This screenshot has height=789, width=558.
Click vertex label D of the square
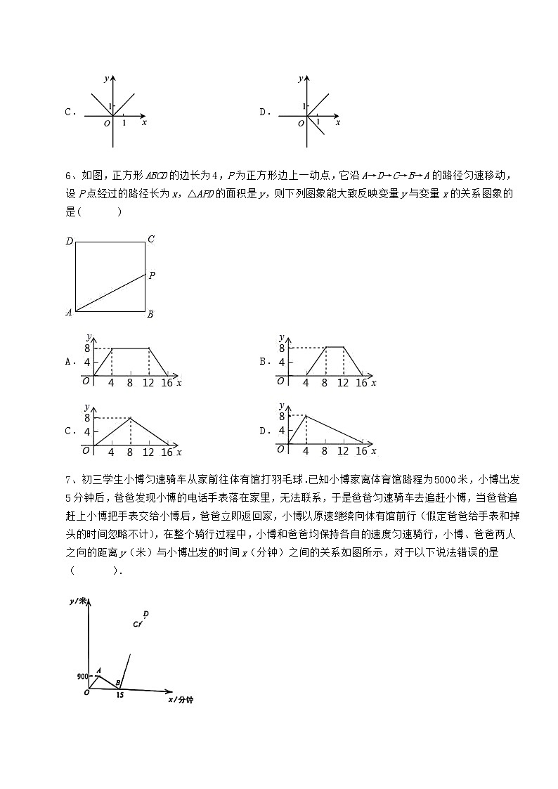[70, 242]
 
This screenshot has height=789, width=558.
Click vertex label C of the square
[150, 240]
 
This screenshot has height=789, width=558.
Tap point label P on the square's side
[152, 275]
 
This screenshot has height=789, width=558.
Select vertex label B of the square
[150, 315]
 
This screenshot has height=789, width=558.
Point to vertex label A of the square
[69, 313]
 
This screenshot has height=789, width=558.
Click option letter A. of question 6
[70, 362]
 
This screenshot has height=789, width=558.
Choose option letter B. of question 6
[265, 362]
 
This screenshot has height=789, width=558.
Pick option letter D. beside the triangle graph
[265, 431]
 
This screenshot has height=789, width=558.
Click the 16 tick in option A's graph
[167, 383]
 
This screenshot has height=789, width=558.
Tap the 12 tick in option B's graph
[342, 383]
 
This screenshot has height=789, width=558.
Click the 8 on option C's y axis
[87, 419]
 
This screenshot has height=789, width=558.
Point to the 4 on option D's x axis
[306, 451]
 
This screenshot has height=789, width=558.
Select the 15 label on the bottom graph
[121, 694]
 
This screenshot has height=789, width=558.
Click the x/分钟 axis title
[181, 700]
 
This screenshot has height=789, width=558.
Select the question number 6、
[69, 175]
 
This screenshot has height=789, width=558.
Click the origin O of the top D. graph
[301, 123]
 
